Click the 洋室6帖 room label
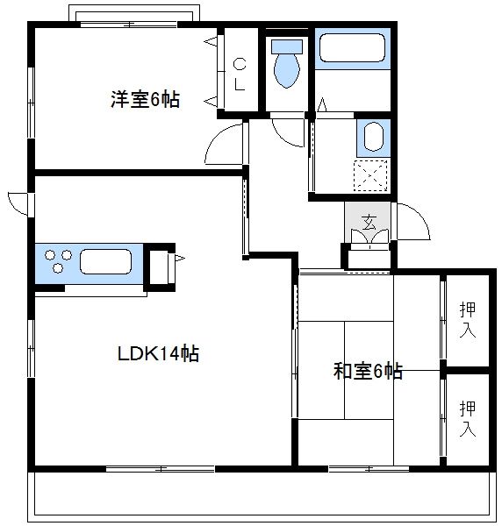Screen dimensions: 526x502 pyautogui.click(x=145, y=100)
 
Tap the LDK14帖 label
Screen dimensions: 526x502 pyautogui.click(x=159, y=353)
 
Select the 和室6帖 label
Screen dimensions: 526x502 pyautogui.click(x=368, y=371)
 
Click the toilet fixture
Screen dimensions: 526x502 pyautogui.click(x=286, y=63)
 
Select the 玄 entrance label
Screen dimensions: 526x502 pyautogui.click(x=368, y=221)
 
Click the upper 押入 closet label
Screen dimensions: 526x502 pyautogui.click(x=468, y=320)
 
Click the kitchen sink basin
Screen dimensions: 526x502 pyautogui.click(x=106, y=261)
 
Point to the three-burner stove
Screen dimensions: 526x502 pyautogui.click(x=57, y=261)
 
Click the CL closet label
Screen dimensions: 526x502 pyautogui.click(x=240, y=74)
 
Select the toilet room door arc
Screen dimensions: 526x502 pyautogui.click(x=287, y=132)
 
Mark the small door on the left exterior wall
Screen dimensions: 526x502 pyautogui.click(x=18, y=201)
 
